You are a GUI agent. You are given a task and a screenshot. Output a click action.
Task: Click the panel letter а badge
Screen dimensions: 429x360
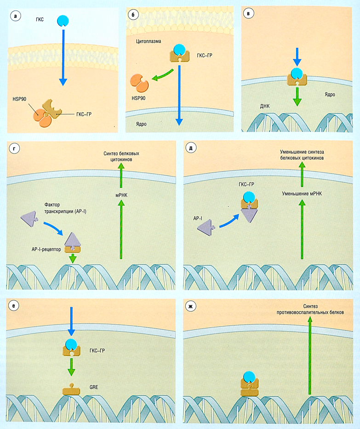[16, 16]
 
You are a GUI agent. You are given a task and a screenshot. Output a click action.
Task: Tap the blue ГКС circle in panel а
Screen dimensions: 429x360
[63, 21]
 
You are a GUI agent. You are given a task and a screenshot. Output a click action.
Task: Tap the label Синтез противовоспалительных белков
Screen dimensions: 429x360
[318, 309]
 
